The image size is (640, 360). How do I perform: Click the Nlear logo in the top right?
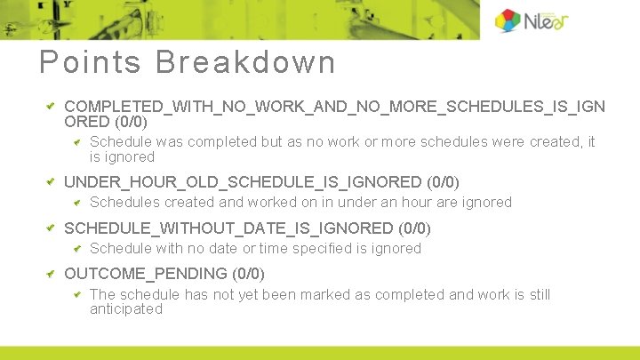pyautogui.click(x=531, y=20)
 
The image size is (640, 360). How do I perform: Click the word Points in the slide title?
pyautogui.click(x=90, y=62)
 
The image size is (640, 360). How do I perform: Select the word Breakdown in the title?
pyautogui.click(x=245, y=62)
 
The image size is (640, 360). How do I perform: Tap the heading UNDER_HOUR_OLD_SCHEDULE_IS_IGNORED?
pyautogui.click(x=243, y=182)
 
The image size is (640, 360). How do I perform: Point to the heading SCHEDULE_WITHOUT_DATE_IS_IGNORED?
pyautogui.click(x=228, y=228)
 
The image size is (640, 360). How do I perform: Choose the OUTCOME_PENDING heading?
pyautogui.click(x=146, y=274)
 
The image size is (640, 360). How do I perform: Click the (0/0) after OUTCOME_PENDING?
pyautogui.click(x=248, y=274)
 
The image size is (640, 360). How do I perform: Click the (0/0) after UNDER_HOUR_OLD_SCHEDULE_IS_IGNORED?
pyautogui.click(x=443, y=182)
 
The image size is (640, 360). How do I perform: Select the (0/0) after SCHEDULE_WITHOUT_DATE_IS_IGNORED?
pyautogui.click(x=414, y=228)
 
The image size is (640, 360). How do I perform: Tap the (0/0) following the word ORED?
pyautogui.click(x=131, y=122)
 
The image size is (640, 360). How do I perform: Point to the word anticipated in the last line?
pyautogui.click(x=126, y=309)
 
